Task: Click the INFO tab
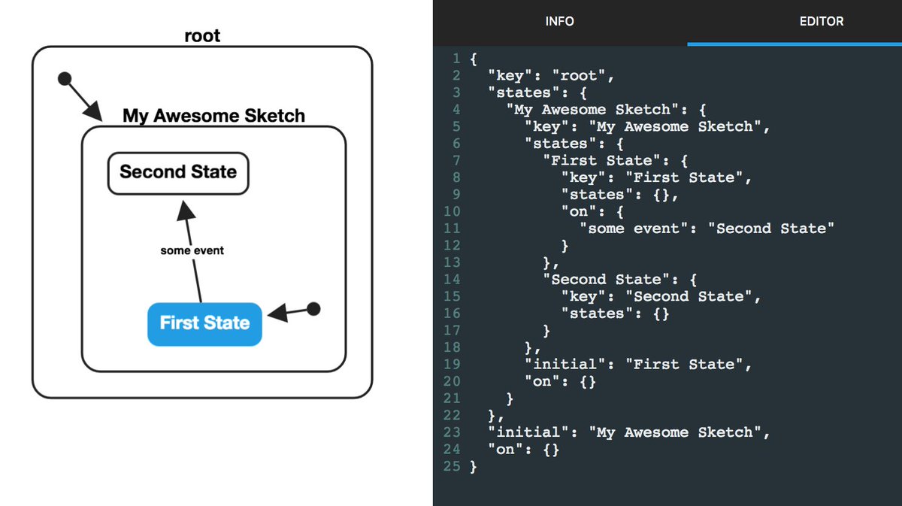pos(559,21)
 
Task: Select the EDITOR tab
pos(822,21)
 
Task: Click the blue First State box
pos(204,323)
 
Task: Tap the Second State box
pos(178,172)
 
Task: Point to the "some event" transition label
pos(192,250)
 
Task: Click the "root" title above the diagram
pos(202,35)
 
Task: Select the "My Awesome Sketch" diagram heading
pos(213,116)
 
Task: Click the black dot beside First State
pos(314,308)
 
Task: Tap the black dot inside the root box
pos(65,78)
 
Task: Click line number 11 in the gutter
pos(452,229)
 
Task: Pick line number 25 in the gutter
pos(452,467)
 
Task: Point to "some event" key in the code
pos(637,229)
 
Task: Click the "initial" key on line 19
pos(561,365)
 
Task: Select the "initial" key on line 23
pos(525,432)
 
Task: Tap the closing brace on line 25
pos(473,467)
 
